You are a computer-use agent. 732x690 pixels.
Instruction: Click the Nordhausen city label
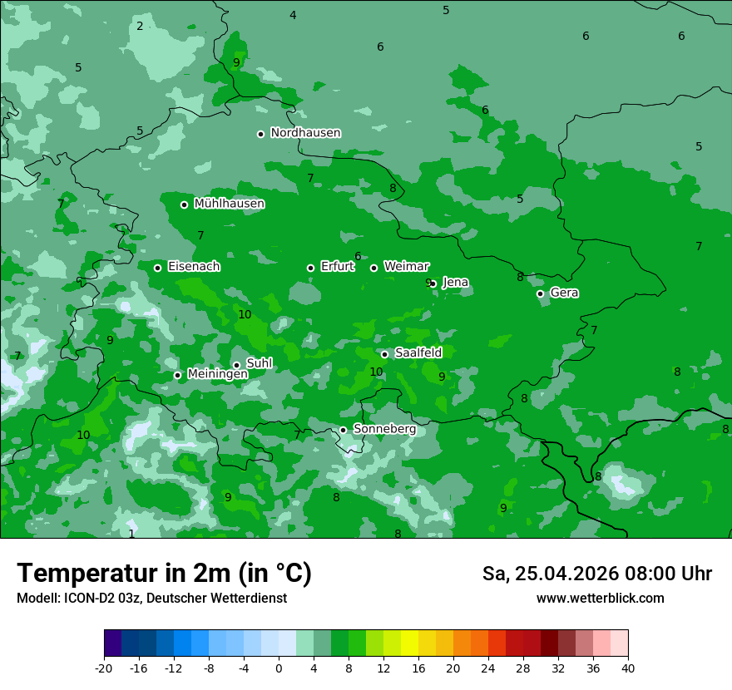coord(305,133)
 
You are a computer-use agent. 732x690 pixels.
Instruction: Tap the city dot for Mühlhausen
coord(184,205)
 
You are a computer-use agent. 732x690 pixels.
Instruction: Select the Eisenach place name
coord(194,267)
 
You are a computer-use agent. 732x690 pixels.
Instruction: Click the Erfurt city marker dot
coord(310,268)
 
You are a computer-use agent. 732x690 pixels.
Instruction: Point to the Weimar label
coord(406,267)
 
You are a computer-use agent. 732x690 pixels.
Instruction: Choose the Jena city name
coord(455,283)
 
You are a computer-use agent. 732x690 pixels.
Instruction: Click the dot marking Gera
coord(540,293)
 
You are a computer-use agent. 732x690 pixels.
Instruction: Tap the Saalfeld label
coord(418,353)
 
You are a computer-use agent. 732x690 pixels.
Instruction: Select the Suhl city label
coord(259,363)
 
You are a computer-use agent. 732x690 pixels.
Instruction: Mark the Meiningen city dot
coord(177,375)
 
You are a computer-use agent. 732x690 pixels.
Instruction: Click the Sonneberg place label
coord(384,429)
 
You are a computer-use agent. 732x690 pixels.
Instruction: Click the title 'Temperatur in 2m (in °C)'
coord(164,574)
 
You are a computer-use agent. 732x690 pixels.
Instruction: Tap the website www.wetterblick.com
coord(600,599)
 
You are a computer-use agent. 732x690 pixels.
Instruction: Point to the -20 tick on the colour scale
coord(104,668)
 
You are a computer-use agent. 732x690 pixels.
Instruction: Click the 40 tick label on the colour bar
coord(627,668)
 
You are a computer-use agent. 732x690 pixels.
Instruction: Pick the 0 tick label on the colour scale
coord(279,668)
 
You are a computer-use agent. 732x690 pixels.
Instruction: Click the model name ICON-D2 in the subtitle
coord(85,599)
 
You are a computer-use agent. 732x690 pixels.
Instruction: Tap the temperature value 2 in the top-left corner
coord(140,27)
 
